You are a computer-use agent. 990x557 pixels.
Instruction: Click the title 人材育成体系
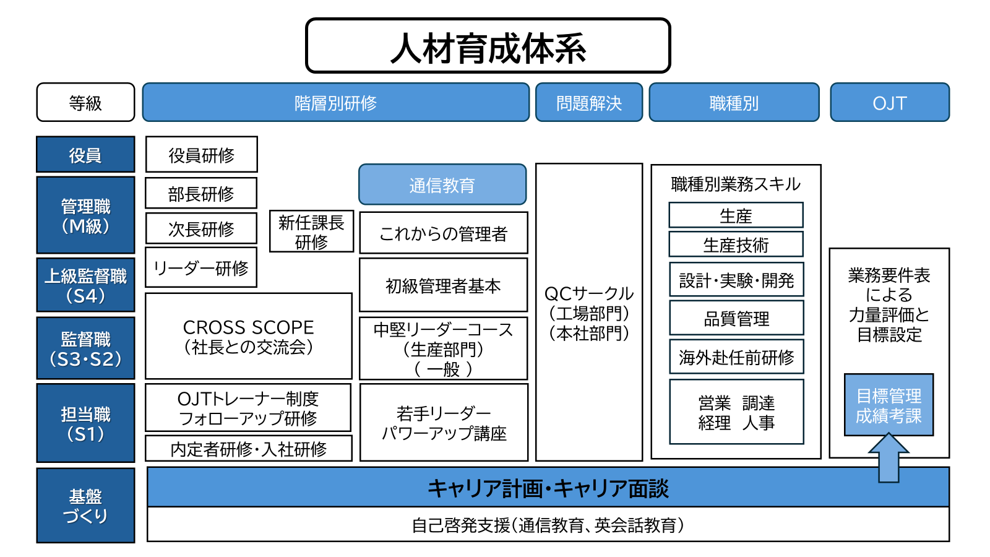[x=488, y=46]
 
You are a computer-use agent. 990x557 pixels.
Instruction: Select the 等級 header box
[x=85, y=103]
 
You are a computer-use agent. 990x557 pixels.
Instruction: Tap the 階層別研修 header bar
[x=336, y=103]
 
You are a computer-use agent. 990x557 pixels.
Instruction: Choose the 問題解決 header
[x=589, y=103]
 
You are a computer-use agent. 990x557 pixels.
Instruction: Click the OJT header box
[x=889, y=103]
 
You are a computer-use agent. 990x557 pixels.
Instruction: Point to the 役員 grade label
[x=85, y=155]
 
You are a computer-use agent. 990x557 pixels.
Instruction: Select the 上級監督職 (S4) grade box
[x=85, y=285]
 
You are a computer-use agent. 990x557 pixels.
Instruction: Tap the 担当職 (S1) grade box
[x=85, y=423]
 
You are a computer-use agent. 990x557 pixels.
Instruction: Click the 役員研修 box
[x=202, y=155]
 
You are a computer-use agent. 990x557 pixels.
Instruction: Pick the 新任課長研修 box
[x=311, y=231]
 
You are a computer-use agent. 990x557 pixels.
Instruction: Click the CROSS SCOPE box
[x=248, y=336]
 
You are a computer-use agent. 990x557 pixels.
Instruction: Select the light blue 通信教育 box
[x=442, y=184]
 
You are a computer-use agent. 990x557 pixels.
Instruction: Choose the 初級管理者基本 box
[x=443, y=285]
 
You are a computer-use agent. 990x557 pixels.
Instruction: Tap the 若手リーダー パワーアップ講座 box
[x=444, y=423]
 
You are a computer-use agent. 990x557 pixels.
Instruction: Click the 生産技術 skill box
[x=736, y=244]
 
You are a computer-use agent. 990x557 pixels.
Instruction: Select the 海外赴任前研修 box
[x=736, y=356]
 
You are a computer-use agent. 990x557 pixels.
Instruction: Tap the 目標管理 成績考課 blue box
[x=889, y=405]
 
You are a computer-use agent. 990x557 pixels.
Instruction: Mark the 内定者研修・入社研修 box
[x=248, y=449]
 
